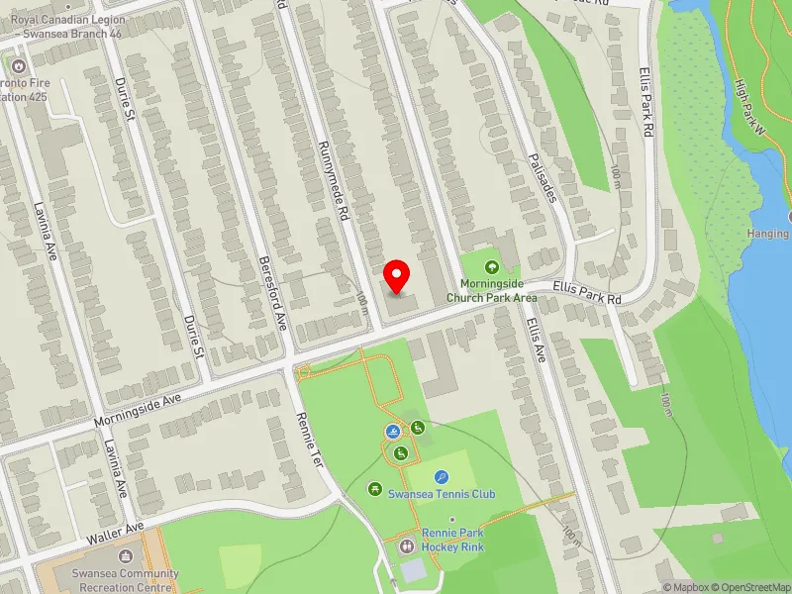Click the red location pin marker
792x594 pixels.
point(397,276)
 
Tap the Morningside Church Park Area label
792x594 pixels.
point(491,291)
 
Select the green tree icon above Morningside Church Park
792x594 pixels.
point(491,266)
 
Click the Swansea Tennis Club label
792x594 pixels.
point(441,494)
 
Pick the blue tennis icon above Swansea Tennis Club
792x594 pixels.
point(442,476)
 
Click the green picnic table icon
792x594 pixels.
point(375,488)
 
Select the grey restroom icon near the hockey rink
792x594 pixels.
point(406,545)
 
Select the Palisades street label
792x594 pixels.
point(543,177)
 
